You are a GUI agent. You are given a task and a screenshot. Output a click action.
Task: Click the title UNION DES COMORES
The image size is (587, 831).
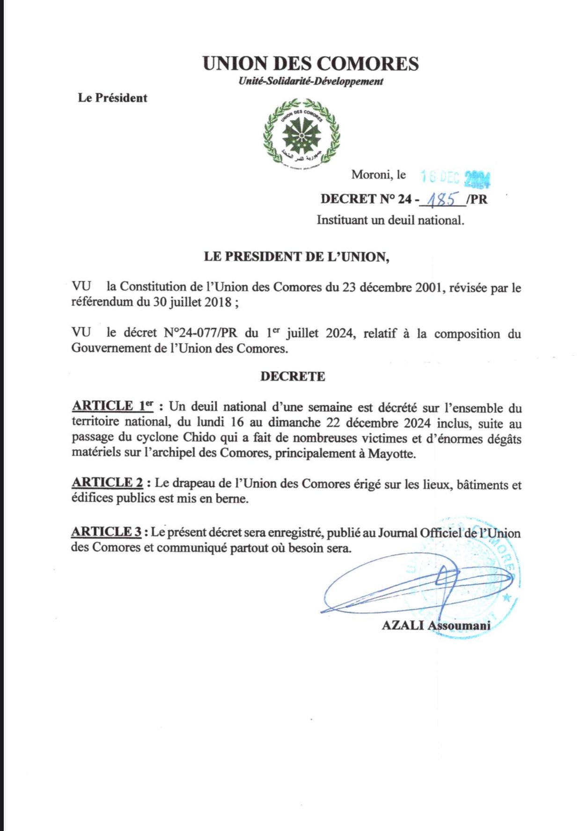click(310, 64)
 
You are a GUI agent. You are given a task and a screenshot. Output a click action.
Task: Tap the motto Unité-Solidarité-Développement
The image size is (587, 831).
click(311, 81)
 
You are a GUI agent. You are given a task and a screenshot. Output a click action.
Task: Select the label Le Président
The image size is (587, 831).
click(112, 98)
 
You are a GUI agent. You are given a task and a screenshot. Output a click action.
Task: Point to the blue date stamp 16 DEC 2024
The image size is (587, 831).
click(455, 177)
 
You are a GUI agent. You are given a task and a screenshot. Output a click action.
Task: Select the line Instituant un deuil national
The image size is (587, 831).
click(390, 220)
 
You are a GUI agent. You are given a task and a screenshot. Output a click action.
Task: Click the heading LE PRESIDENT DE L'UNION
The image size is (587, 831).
click(296, 257)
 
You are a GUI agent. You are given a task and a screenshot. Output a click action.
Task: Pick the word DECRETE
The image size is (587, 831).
click(293, 376)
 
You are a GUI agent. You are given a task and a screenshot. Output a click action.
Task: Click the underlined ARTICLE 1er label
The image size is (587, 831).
click(113, 406)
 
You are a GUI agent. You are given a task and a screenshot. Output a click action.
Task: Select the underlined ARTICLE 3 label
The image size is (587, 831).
click(107, 532)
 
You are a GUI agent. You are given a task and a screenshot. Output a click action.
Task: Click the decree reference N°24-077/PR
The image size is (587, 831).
click(200, 333)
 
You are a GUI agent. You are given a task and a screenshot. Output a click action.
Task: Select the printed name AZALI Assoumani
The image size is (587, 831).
click(436, 625)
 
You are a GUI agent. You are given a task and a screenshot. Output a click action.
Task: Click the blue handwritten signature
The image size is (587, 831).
click(417, 588)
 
